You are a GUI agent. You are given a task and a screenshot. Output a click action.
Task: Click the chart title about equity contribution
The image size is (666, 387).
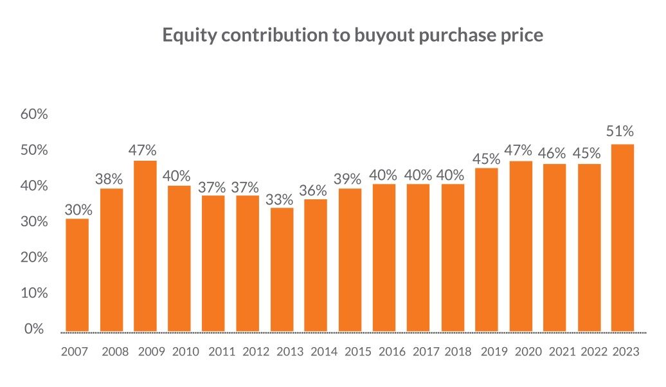[353, 35]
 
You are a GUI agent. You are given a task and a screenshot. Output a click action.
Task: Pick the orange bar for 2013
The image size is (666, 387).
[282, 269]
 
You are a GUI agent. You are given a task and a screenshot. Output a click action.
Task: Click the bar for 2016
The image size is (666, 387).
[384, 257]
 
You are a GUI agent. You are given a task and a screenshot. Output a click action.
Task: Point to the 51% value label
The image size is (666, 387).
[620, 132]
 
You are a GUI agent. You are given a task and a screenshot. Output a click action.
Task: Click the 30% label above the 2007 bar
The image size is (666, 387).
[78, 210]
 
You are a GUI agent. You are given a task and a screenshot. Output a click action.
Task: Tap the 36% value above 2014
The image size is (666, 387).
[313, 190]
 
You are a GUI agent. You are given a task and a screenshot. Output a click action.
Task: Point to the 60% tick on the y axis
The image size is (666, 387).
[35, 114]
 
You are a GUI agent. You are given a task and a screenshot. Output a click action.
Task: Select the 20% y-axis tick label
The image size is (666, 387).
[35, 257]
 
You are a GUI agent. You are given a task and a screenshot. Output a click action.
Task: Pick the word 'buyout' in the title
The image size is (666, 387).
[369, 35]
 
